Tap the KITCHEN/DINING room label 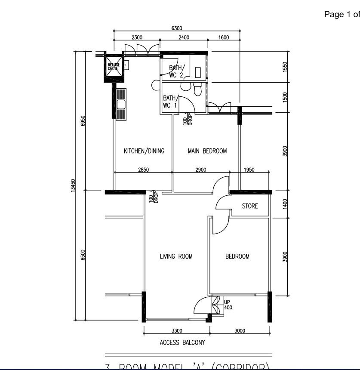(x=144, y=151)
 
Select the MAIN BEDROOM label (x=207, y=151)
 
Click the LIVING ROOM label (x=176, y=256)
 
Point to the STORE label (x=249, y=206)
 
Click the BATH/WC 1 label (x=170, y=102)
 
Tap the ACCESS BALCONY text (x=182, y=343)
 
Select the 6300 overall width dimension (x=176, y=28)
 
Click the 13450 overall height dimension (x=73, y=186)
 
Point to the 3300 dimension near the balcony (x=177, y=330)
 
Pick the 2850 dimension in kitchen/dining (x=143, y=170)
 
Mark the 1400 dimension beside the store (x=285, y=203)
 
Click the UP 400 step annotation (x=228, y=305)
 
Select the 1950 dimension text (x=249, y=170)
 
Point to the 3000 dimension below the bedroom (x=240, y=330)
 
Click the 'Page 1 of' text (x=342, y=15)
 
